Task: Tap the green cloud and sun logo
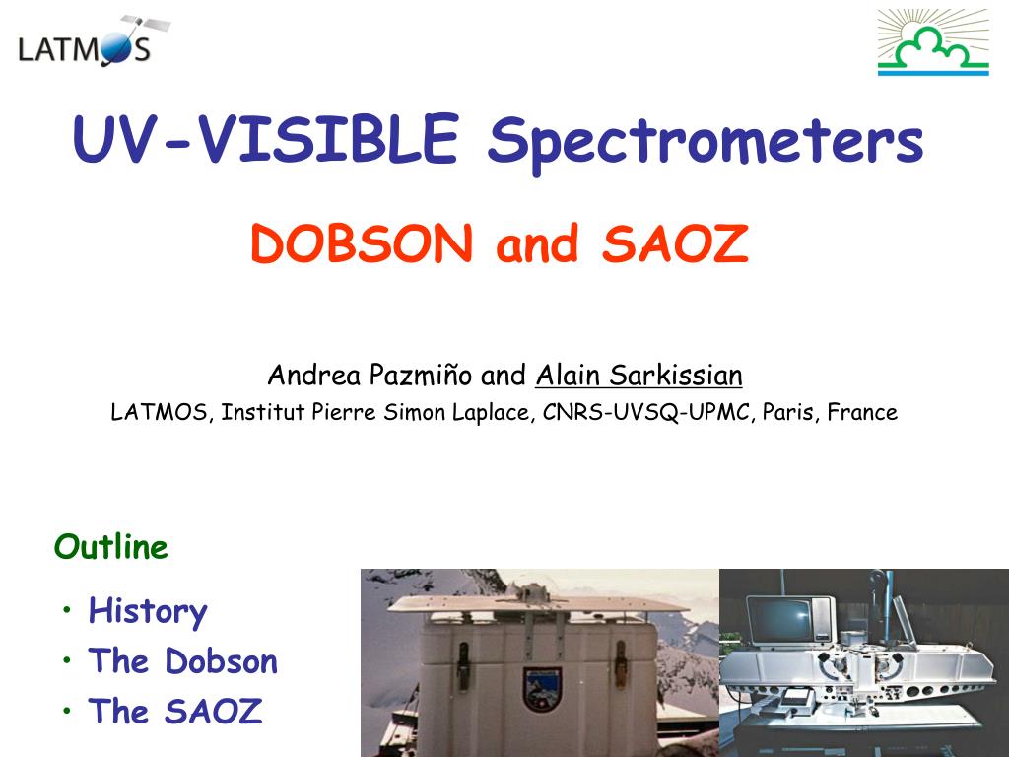[x=932, y=42]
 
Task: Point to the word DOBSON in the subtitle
[x=362, y=244]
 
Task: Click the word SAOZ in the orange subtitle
[x=675, y=244]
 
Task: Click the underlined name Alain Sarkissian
[x=639, y=376]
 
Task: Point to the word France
[x=862, y=412]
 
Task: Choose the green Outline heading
[x=111, y=547]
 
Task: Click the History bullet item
[x=148, y=611]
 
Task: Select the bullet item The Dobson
[x=183, y=660]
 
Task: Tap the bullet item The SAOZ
[x=175, y=711]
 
